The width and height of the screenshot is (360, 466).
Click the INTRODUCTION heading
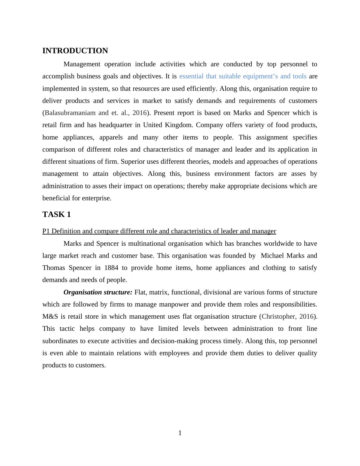coord(75,51)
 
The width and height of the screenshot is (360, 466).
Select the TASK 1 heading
coord(57,215)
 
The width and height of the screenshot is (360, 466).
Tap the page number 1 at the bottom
coord(180,433)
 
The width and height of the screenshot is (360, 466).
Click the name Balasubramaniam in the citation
coord(70,113)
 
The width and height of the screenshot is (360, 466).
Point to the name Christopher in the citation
coord(278,317)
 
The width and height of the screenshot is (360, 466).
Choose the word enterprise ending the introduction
coord(97,198)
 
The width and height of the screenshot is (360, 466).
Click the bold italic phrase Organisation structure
coord(98,292)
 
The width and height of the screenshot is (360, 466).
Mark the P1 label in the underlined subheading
coord(46,231)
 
